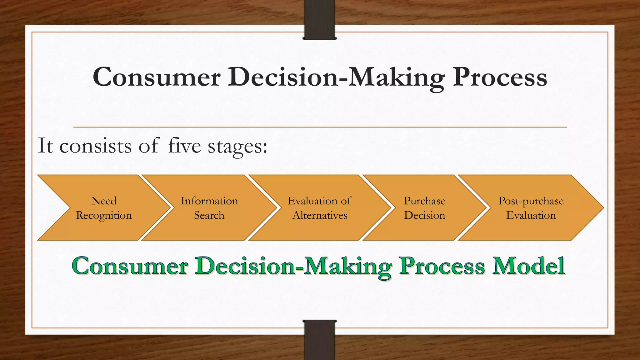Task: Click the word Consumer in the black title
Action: click(157, 77)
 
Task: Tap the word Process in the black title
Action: click(500, 77)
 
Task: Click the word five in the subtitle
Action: click(184, 146)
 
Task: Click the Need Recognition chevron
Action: click(104, 208)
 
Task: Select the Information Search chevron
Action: click(209, 208)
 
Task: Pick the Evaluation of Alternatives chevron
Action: click(319, 208)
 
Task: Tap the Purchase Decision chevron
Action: click(424, 208)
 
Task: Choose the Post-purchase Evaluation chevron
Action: click(531, 208)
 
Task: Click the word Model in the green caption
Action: click(528, 266)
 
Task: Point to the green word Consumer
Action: click(130, 266)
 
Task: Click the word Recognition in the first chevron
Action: click(104, 216)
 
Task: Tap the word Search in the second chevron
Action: click(209, 215)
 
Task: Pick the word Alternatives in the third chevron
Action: click(320, 215)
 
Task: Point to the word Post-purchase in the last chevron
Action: click(531, 201)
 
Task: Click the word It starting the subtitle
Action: click(45, 146)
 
